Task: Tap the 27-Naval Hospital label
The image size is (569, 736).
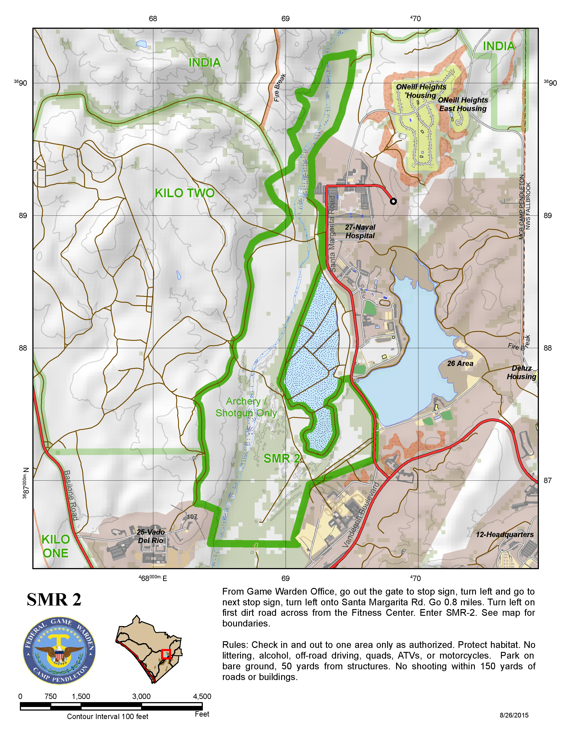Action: (x=360, y=231)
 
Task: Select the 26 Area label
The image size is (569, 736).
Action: (x=460, y=363)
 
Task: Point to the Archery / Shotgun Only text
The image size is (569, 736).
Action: (x=246, y=407)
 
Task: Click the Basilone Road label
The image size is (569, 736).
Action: (x=71, y=495)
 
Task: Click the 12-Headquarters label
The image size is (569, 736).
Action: (x=505, y=534)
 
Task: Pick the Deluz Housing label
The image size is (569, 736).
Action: (x=521, y=372)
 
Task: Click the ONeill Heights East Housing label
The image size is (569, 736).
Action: (x=463, y=104)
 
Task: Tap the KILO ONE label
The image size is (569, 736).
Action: (x=56, y=546)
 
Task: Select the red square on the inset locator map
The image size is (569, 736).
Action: (x=166, y=654)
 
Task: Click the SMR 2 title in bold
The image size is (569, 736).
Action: (x=54, y=600)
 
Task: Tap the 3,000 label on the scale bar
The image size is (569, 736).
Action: (x=141, y=696)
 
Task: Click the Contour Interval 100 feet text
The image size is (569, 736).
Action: (x=108, y=716)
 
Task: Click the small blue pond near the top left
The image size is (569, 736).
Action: (x=141, y=44)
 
